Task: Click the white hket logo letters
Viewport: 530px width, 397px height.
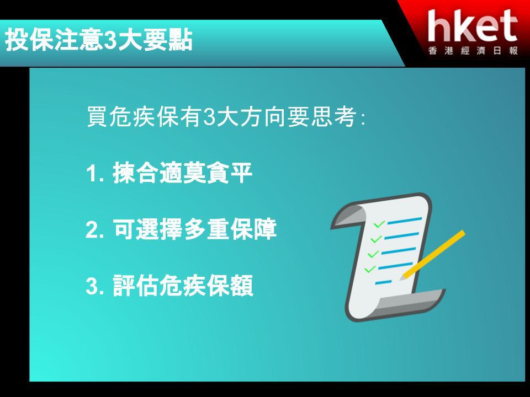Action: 473,26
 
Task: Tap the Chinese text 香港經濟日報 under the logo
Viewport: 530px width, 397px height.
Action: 473,51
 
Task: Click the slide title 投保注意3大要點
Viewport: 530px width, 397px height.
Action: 98,40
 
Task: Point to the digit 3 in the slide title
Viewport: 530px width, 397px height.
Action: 110,40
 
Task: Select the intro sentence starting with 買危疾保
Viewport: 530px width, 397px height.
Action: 226,117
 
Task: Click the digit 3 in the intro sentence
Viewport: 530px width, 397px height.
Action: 209,117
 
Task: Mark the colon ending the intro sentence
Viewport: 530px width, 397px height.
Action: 363,119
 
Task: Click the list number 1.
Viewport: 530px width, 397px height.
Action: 92,174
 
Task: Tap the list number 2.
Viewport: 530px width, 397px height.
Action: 92,230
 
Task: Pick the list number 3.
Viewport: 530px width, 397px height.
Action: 92,286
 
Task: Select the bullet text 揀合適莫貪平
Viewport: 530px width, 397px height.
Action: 183,173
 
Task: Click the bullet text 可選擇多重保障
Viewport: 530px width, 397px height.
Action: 194,229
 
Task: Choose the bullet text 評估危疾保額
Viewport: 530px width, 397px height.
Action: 183,286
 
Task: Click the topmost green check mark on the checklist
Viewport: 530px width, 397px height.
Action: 379,224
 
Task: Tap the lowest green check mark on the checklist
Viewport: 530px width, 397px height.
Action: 370,269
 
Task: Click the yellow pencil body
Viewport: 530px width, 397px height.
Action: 435,254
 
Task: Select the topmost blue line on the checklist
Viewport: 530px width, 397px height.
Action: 405,221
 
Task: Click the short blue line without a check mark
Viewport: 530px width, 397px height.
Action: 384,282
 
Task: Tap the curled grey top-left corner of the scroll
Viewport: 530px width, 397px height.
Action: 348,216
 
